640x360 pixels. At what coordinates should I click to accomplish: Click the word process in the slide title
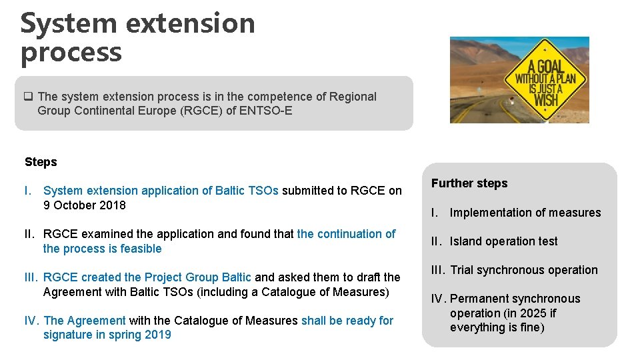(71, 53)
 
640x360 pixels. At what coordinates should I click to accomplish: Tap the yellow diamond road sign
(545, 81)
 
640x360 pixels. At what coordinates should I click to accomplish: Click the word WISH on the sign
(546, 101)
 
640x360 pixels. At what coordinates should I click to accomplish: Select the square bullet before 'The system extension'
(29, 97)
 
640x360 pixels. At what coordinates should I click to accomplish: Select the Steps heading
(41, 162)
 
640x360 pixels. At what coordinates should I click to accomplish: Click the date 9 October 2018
(85, 205)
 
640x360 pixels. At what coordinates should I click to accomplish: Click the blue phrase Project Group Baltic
(198, 277)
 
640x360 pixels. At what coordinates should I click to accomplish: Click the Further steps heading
(469, 183)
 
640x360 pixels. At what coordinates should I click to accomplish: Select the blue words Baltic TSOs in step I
(247, 191)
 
